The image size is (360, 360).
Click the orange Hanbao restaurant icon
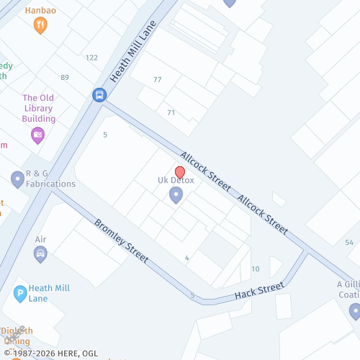pos(40,25)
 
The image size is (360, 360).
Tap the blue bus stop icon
pos(99,94)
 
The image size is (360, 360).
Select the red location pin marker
pos(179,173)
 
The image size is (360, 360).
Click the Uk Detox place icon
pos(176,194)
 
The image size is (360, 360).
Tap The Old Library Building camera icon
pos(37,134)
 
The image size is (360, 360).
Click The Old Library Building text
pos(39,108)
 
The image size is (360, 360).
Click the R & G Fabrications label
pos(50,179)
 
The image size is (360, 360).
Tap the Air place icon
pos(40,253)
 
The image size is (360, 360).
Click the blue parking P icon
pos(20,293)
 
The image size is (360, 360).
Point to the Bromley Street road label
pos(121,240)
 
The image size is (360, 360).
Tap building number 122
pos(91,58)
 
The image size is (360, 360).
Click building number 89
pos(65,77)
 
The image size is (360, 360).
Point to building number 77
pos(157,79)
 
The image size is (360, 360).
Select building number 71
pos(171,112)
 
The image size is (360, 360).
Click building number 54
pos(349,242)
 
